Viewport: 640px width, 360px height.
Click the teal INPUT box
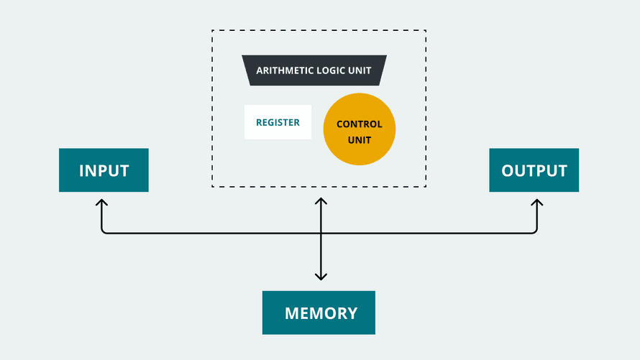click(x=104, y=170)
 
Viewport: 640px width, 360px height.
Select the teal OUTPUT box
click(x=534, y=170)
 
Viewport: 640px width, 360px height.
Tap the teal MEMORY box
click(x=319, y=313)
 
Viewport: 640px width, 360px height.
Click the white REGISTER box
click(x=278, y=122)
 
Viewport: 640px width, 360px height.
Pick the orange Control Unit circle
click(x=359, y=129)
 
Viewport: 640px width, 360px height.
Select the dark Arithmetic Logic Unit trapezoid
click(x=314, y=70)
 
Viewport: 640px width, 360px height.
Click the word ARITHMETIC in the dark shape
click(x=283, y=70)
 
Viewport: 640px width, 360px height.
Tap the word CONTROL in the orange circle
click(x=359, y=124)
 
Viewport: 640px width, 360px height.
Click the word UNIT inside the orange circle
click(x=359, y=140)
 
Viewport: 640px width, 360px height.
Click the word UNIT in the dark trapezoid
click(x=360, y=70)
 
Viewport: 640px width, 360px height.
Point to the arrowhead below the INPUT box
click(x=101, y=202)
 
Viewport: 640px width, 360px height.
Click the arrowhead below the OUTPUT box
click(x=536, y=202)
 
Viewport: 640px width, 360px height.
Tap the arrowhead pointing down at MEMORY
click(x=321, y=277)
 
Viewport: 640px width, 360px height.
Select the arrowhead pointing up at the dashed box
click(x=321, y=201)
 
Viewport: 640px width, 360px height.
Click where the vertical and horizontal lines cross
click(x=321, y=234)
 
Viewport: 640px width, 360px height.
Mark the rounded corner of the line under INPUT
click(x=104, y=231)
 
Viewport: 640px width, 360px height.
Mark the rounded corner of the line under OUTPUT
click(x=535, y=231)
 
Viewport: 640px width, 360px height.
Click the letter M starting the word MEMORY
click(x=292, y=313)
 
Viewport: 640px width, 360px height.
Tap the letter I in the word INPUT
click(x=81, y=170)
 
